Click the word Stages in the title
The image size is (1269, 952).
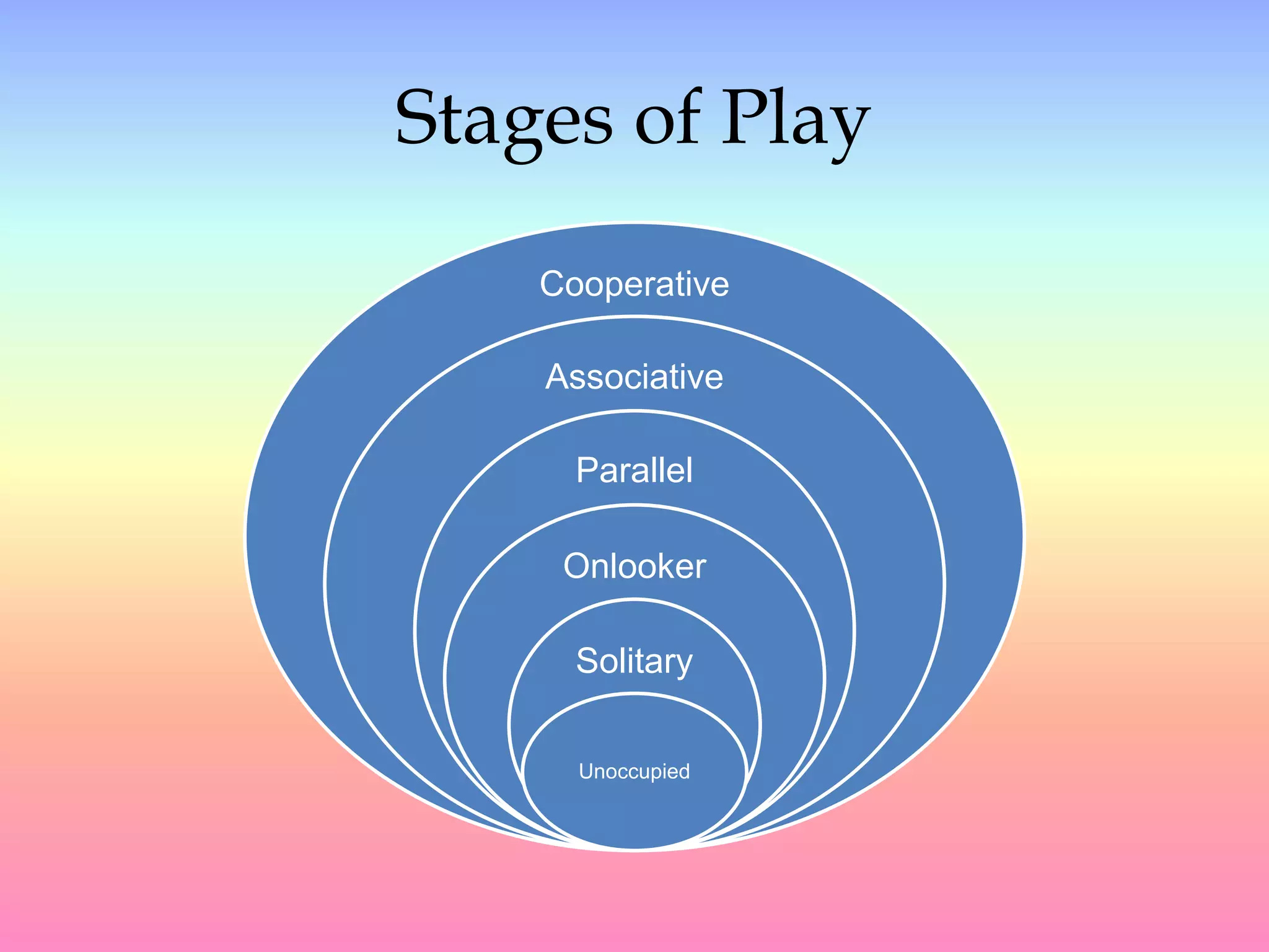point(504,119)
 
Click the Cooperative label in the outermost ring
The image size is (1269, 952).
point(634,284)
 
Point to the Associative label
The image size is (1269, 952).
point(634,377)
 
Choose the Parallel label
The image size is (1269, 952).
point(634,470)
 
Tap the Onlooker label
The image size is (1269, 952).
point(634,566)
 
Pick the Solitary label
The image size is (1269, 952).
point(634,661)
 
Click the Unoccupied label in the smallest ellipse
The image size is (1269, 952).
point(634,772)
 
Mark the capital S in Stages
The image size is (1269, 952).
point(418,117)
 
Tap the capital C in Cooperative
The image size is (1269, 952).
point(553,284)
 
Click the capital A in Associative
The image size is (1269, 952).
point(557,377)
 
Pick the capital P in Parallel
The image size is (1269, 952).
point(587,470)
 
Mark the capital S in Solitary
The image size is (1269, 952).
point(587,661)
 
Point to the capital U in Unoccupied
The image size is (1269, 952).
point(586,772)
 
